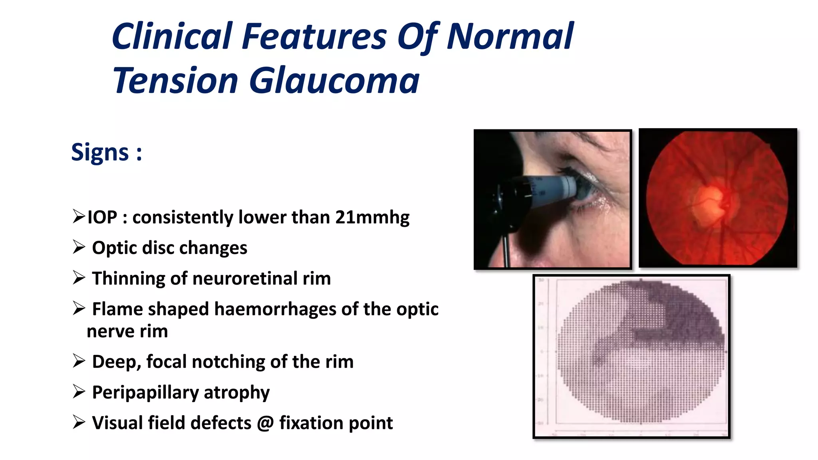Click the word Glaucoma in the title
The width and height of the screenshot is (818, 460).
pos(334,81)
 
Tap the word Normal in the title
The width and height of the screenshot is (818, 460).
pos(510,37)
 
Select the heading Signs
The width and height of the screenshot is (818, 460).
pos(100,152)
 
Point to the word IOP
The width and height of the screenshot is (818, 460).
pos(102,218)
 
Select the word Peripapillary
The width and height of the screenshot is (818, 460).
pos(145,393)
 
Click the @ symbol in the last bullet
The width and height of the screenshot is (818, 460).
pos(265,423)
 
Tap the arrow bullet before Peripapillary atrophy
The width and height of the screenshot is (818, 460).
pos(79,391)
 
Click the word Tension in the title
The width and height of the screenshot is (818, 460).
pos(176,81)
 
